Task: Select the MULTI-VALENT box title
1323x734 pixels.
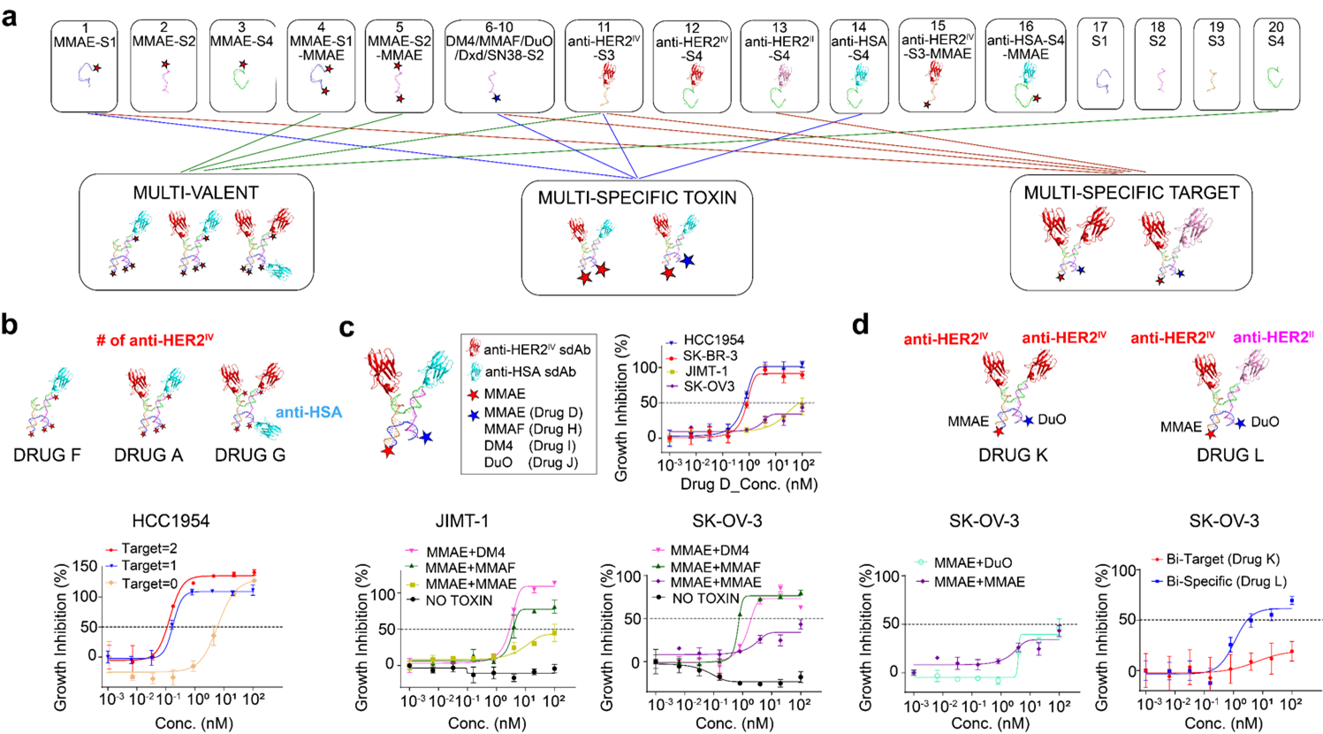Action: tap(195, 194)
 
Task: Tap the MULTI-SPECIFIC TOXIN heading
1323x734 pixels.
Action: tap(636, 198)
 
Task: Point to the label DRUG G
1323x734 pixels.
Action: tap(250, 455)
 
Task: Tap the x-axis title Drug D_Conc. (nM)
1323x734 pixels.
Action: tap(749, 484)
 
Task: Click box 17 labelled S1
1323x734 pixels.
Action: tap(1099, 64)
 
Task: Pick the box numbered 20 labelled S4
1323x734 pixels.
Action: tap(1274, 64)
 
